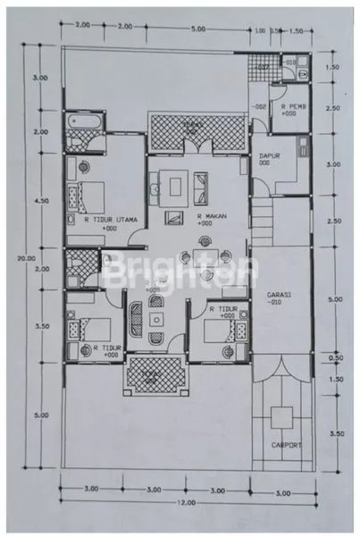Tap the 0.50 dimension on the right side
[x=336, y=358]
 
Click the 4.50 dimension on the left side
[x=41, y=201]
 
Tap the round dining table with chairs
[x=198, y=257]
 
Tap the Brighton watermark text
[x=180, y=272]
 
